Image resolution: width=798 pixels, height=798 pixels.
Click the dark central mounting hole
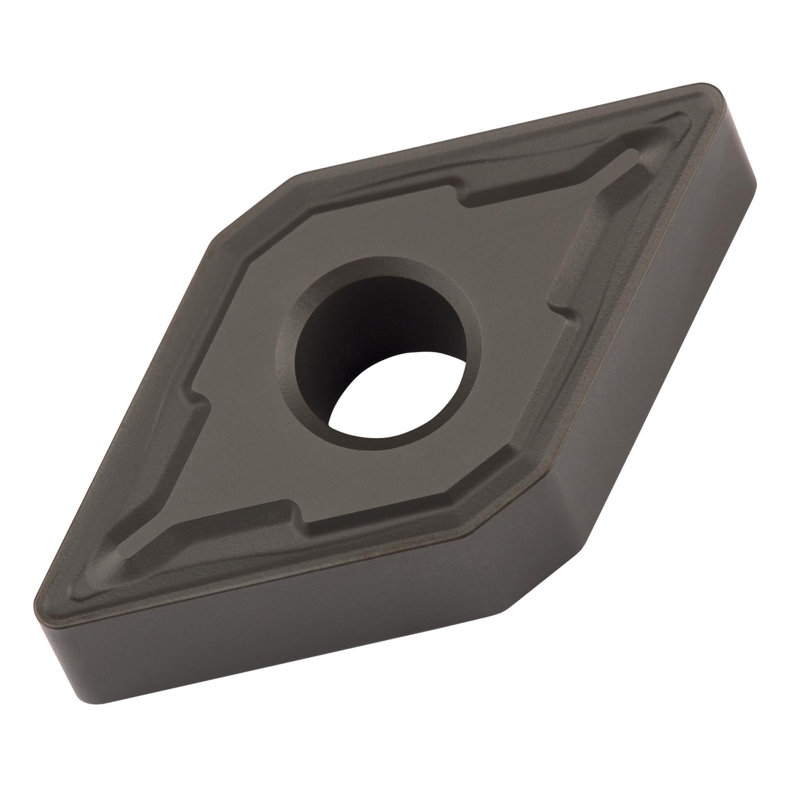(372, 340)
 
